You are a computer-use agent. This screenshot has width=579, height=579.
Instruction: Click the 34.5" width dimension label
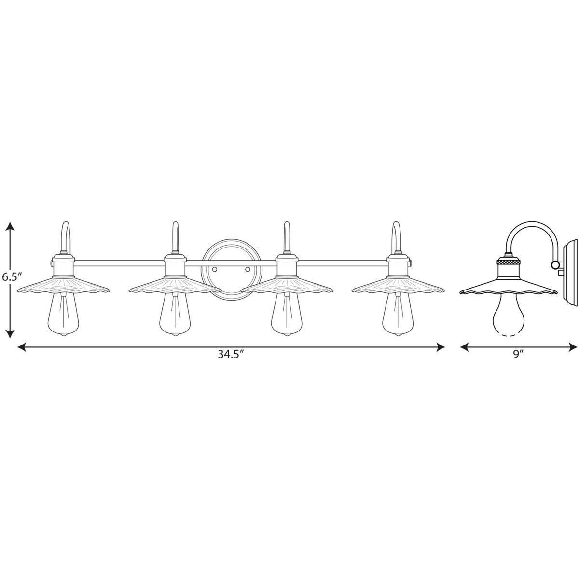(x=230, y=355)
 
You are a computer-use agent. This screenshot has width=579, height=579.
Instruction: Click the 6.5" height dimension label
(x=13, y=276)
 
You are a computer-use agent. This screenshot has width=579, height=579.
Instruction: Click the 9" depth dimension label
(x=518, y=355)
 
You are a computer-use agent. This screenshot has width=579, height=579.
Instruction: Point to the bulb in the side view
(x=509, y=314)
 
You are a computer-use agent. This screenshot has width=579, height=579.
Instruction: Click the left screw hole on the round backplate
(x=215, y=269)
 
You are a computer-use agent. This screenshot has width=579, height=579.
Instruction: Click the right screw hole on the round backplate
(x=248, y=269)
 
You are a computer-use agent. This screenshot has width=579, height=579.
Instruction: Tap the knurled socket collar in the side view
(x=508, y=262)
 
